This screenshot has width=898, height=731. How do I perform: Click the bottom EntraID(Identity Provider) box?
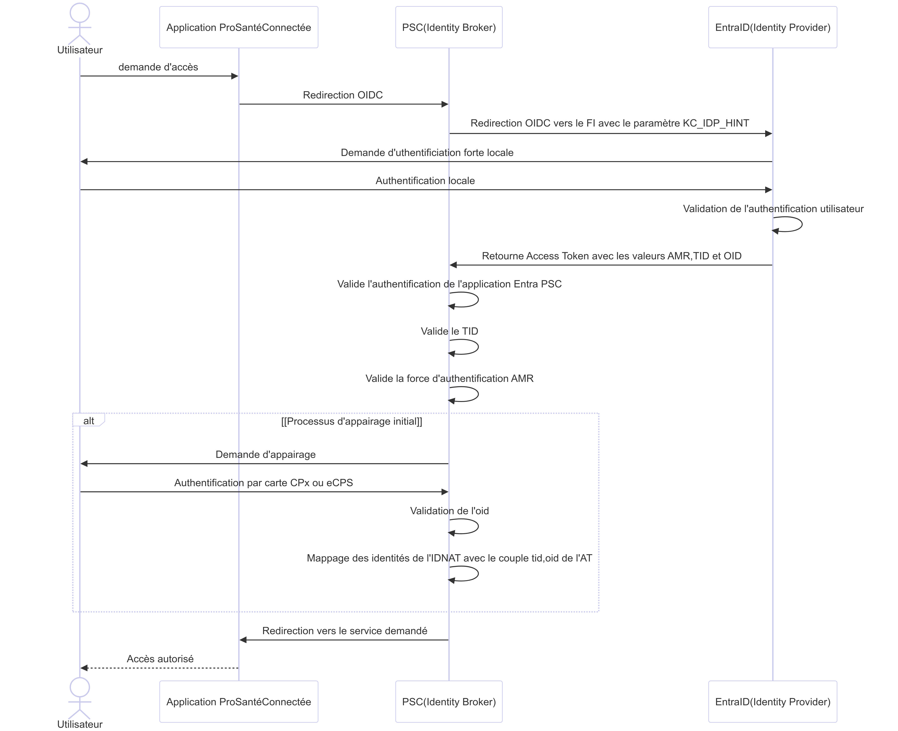pos(773,702)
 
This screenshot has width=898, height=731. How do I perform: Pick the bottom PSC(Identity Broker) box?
pos(449,702)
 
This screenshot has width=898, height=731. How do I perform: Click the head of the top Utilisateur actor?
pos(80,13)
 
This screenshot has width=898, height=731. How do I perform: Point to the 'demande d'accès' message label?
pos(158,67)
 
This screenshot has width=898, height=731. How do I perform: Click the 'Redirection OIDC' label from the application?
pos(343,95)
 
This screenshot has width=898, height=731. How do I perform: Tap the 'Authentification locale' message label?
pos(425,181)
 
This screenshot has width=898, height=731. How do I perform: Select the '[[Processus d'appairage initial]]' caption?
pos(351,421)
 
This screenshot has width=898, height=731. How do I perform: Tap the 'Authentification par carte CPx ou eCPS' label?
pos(264,483)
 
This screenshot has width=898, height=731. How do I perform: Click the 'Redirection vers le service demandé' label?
pos(345,631)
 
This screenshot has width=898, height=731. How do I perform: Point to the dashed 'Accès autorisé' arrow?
pos(159,668)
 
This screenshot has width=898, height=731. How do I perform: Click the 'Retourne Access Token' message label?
pos(612,256)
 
